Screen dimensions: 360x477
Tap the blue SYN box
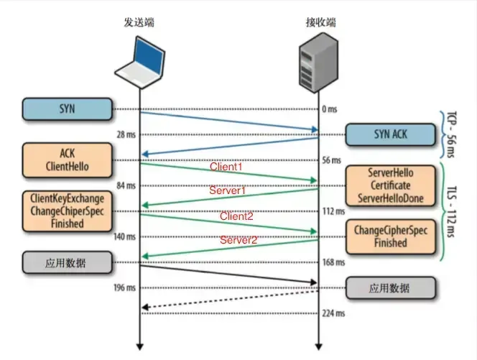tap(67, 109)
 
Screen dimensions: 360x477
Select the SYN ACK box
tap(391, 134)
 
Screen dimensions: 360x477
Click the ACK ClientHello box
tap(67, 160)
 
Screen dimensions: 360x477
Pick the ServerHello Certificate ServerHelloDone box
tap(391, 185)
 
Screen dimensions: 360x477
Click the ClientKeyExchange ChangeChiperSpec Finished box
tap(67, 211)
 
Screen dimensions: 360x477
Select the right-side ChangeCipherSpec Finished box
tap(391, 237)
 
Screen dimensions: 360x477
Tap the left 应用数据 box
tap(67, 262)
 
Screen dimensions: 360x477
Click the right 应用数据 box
tap(391, 287)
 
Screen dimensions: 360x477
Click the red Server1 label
tap(228, 191)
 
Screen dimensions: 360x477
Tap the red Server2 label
tap(239, 239)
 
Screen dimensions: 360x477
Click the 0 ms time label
tap(330, 109)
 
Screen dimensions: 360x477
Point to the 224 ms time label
tap(334, 313)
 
